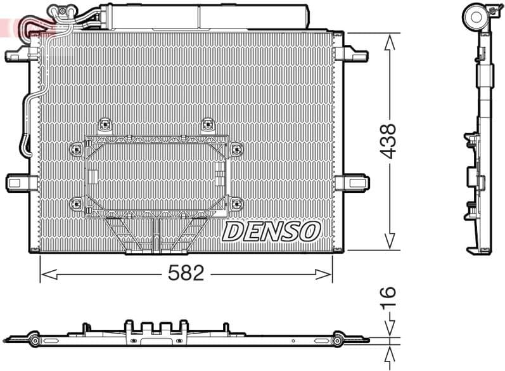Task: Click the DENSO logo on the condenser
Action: tap(271, 231)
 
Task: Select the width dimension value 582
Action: tap(186, 274)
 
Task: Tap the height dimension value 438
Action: tap(388, 141)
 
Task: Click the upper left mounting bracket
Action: tap(18, 55)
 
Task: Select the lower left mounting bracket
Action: tap(18, 183)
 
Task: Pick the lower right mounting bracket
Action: tap(351, 183)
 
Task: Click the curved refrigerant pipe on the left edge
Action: tap(27, 120)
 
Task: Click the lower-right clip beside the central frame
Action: tap(236, 204)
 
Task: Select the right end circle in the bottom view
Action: tap(338, 342)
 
